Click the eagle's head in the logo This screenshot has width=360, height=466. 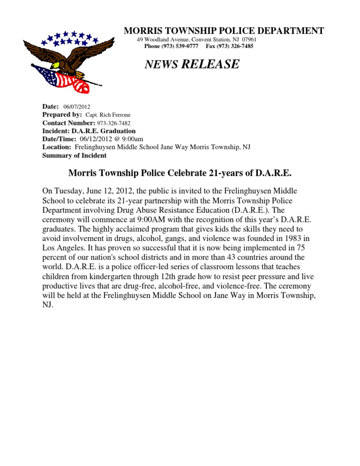tap(56, 64)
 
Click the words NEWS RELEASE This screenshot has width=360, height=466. tap(192, 64)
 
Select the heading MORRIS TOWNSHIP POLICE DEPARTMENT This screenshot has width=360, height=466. tap(224, 31)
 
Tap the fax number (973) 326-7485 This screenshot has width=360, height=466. tap(229, 46)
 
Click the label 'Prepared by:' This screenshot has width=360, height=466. tap(62, 115)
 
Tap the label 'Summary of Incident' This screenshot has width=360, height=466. tap(74, 155)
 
